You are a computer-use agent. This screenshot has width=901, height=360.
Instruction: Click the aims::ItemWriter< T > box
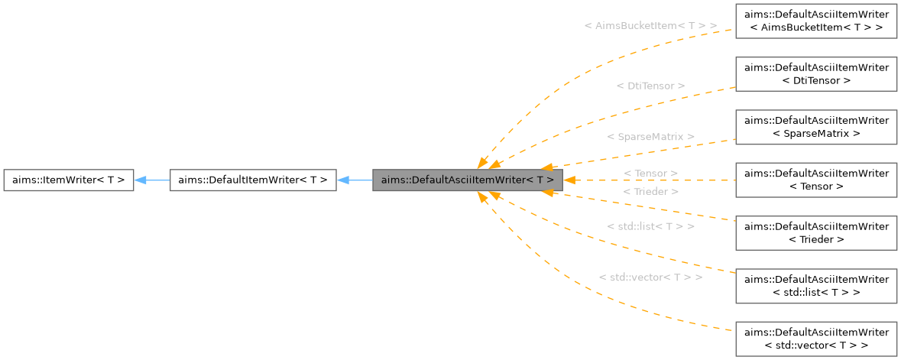pos(69,180)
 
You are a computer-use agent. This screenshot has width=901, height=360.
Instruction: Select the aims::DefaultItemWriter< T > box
pos(252,180)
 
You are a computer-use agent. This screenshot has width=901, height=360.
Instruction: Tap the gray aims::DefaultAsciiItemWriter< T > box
pos(468,180)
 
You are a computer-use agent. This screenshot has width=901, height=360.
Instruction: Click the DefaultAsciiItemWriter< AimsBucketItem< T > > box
pos(815,21)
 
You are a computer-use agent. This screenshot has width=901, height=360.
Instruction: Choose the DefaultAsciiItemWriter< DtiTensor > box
pos(815,73)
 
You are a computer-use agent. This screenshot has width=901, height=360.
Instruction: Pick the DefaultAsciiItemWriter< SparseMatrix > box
pos(815,126)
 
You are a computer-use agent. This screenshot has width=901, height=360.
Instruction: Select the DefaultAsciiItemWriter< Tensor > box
pos(815,180)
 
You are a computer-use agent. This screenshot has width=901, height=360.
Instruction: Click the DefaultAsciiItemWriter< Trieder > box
pos(815,232)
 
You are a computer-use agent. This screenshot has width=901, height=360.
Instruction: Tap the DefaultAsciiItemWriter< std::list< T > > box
pos(815,285)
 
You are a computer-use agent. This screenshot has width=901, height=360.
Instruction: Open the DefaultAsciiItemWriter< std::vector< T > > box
pos(815,339)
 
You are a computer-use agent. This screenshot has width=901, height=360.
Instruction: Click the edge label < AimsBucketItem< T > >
pos(650,26)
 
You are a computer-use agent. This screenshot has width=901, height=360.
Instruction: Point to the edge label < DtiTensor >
pos(650,86)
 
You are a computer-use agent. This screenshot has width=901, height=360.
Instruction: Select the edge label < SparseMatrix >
pos(650,137)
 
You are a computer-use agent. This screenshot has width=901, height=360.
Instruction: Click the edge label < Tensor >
pos(650,174)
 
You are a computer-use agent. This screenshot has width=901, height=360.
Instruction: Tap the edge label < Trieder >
pos(650,192)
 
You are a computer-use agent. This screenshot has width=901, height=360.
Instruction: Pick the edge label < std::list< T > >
pos(650,226)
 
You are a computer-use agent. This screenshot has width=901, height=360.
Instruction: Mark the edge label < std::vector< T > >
pos(650,277)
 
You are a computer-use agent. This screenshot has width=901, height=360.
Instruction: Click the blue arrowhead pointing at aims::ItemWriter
pos(141,180)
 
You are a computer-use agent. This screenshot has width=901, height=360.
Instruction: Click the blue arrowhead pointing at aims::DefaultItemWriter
pos(343,180)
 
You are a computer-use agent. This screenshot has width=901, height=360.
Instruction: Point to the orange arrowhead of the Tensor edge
pos(569,180)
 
